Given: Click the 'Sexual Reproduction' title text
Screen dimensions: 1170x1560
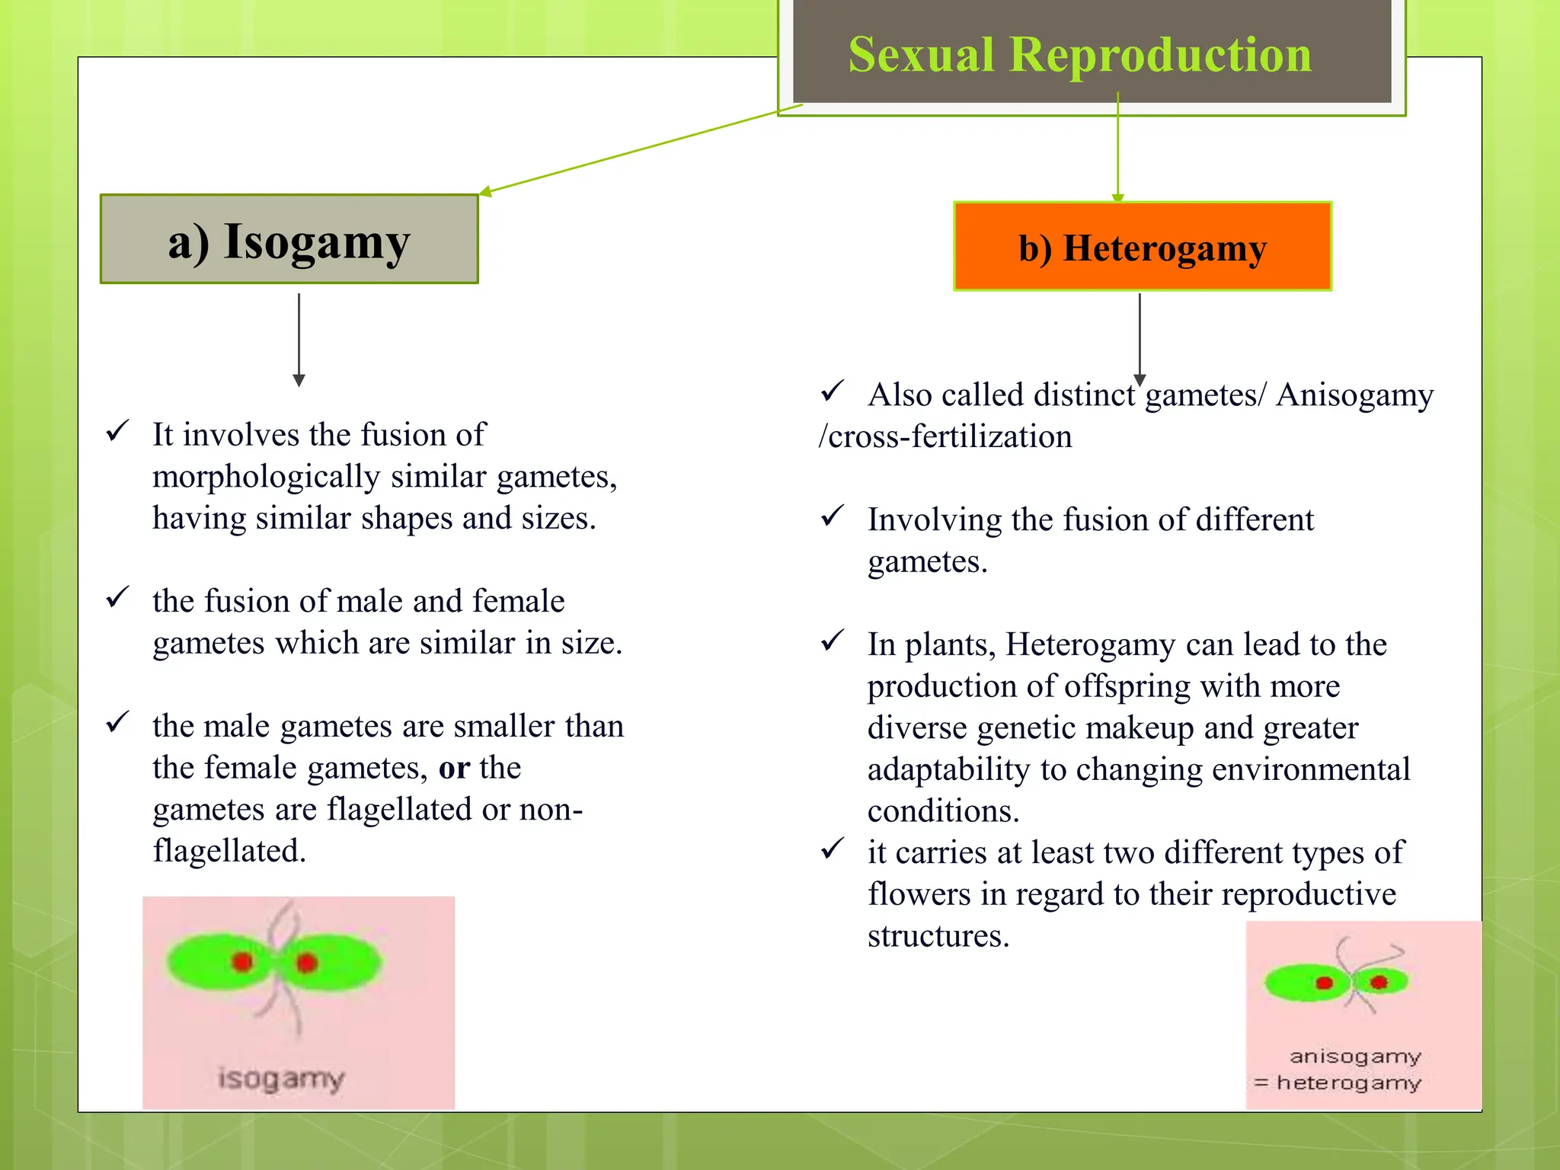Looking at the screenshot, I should coord(1079,55).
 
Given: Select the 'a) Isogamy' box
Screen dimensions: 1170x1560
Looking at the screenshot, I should coord(289,240).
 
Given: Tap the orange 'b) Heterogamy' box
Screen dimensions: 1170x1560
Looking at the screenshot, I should coord(1142,247).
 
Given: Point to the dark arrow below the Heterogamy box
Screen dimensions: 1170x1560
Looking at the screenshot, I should coord(1140,335).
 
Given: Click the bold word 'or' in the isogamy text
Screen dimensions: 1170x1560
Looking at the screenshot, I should coord(454,768).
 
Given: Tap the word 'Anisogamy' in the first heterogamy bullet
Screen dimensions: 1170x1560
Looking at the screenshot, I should coord(1354,395).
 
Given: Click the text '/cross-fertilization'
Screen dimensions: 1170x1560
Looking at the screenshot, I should coord(945,436).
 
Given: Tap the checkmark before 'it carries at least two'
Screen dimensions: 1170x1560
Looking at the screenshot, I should coord(833,848).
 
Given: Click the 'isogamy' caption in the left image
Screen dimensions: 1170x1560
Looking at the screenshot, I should coord(281,1079).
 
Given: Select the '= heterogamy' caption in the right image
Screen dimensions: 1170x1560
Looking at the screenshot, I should coord(1338,1082).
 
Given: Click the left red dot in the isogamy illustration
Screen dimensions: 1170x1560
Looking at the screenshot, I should coord(242,961).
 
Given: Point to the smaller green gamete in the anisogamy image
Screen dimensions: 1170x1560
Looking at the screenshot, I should coord(1380,982).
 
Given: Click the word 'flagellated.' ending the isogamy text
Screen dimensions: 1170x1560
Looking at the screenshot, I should coord(229,851).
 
